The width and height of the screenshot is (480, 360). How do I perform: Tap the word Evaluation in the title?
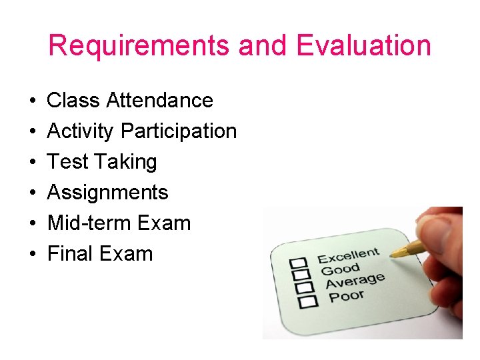click(x=364, y=46)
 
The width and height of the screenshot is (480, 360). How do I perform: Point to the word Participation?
click(x=179, y=131)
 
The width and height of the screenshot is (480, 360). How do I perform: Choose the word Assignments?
click(x=108, y=193)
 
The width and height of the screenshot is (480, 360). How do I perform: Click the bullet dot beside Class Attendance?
click(x=32, y=101)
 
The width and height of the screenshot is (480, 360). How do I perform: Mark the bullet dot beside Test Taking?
click(x=32, y=163)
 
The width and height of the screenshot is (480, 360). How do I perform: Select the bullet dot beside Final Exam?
click(x=32, y=255)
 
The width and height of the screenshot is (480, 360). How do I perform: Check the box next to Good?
click(x=303, y=275)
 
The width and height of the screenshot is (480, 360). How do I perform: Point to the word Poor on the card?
click(x=347, y=295)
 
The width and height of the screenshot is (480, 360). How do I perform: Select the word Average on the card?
click(x=355, y=281)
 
